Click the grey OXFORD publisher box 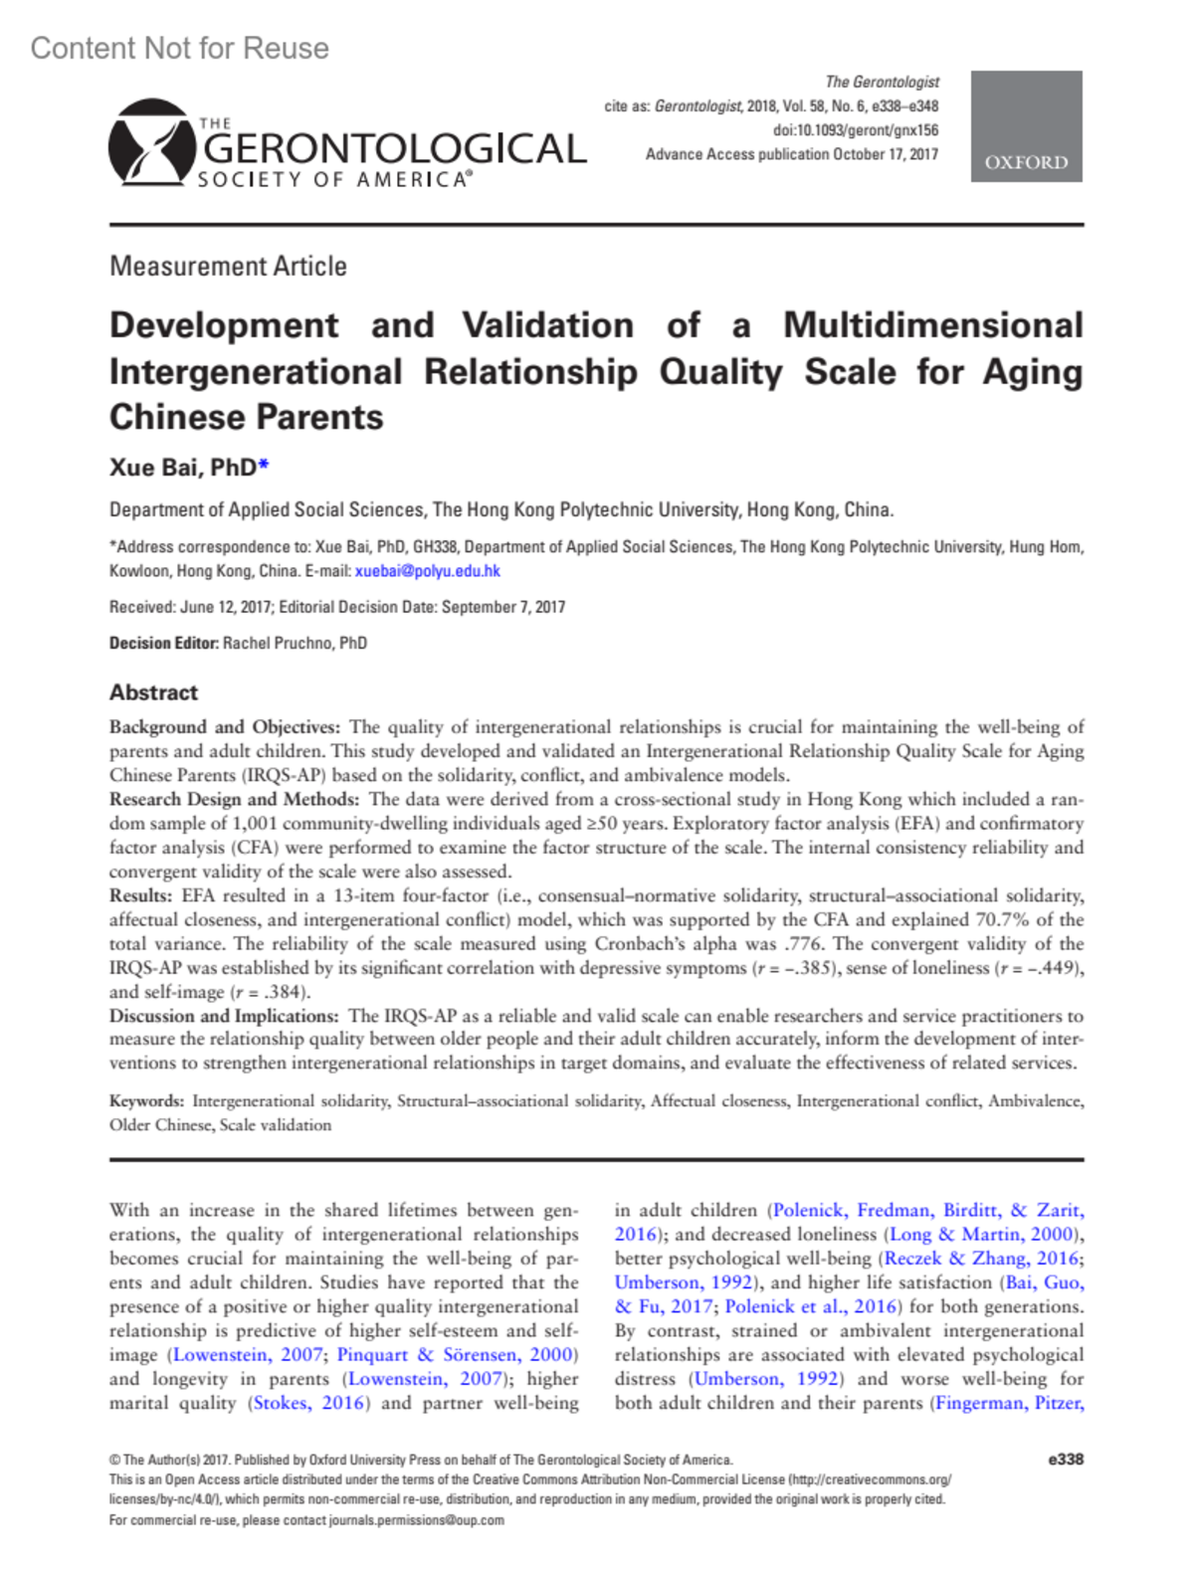tap(1026, 126)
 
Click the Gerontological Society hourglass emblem tap(151, 142)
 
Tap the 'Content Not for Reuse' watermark tap(180, 48)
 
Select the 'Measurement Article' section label tap(228, 267)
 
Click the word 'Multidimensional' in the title tap(932, 325)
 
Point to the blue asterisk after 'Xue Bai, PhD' tap(264, 466)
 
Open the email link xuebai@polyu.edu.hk tap(427, 571)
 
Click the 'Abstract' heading tap(153, 692)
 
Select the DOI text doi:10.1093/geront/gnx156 tap(855, 130)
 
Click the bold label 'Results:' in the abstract tap(142, 895)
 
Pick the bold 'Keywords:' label tap(146, 1101)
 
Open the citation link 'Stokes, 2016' tap(309, 1403)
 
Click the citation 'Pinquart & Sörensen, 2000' tap(456, 1355)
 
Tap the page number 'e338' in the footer tap(1065, 1460)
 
